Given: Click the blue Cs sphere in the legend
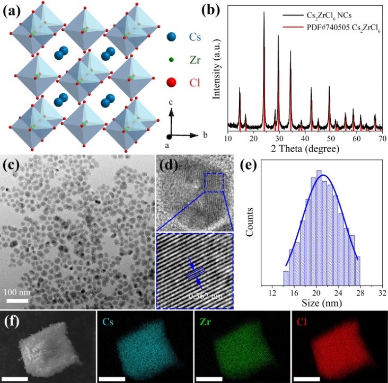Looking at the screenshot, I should click(x=170, y=38).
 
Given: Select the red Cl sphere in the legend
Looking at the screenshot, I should click(x=170, y=83).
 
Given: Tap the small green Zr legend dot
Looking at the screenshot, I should click(x=170, y=60).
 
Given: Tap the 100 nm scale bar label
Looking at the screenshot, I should click(x=17, y=292).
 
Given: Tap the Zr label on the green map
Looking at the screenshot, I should click(x=204, y=321).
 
